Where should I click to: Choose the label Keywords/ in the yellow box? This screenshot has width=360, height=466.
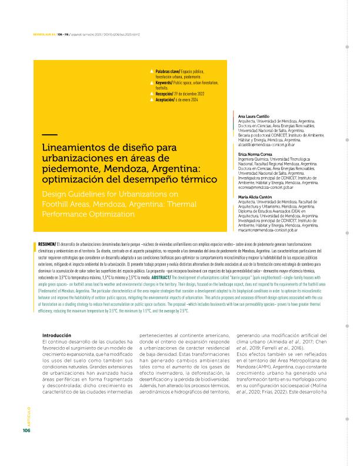164,83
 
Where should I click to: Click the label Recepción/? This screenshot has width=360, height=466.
165,94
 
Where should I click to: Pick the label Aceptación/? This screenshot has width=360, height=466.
165,99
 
